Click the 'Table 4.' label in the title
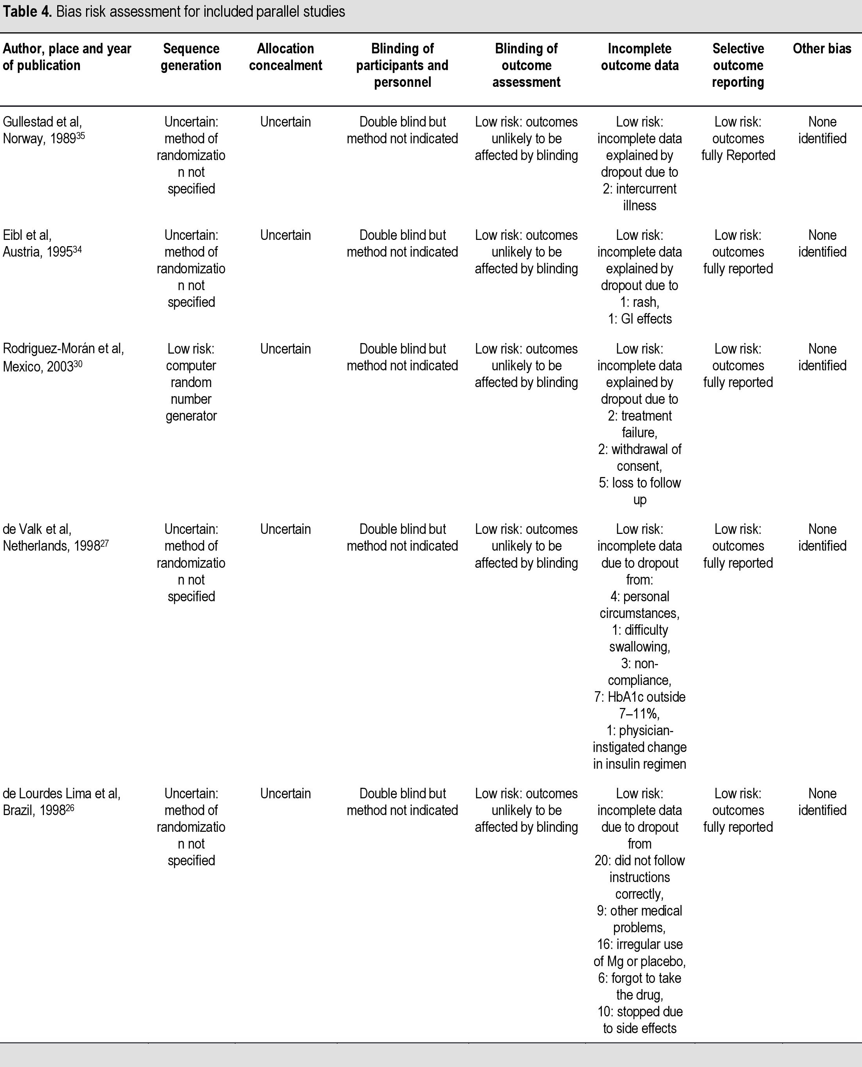point(27,12)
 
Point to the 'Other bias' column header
point(822,49)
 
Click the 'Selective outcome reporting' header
point(738,65)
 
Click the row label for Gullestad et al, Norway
point(44,130)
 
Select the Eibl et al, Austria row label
point(42,243)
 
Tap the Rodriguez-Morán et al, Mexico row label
point(63,357)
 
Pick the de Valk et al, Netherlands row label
point(55,537)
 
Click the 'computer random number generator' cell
point(191,382)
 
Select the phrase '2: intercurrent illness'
point(640,197)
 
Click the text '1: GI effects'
point(640,319)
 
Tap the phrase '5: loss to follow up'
point(640,491)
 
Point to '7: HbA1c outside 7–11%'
point(640,705)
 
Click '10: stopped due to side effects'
point(640,1020)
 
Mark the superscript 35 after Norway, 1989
point(81,136)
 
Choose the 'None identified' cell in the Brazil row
point(822,802)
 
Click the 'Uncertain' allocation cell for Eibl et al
point(285,235)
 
